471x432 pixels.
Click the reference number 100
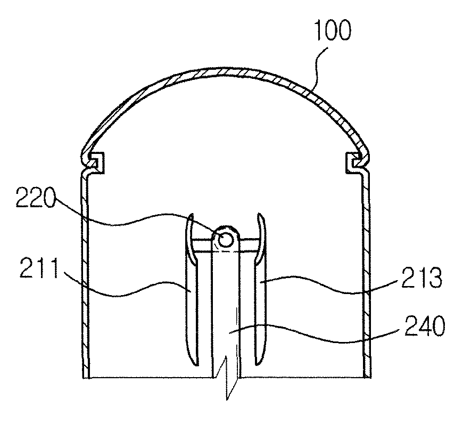[333, 31]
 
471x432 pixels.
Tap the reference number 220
[35, 197]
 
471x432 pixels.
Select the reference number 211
[39, 268]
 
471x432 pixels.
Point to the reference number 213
[422, 278]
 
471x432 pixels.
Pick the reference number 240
[425, 326]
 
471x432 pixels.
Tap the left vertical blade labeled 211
[192, 289]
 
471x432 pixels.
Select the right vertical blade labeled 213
[260, 289]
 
